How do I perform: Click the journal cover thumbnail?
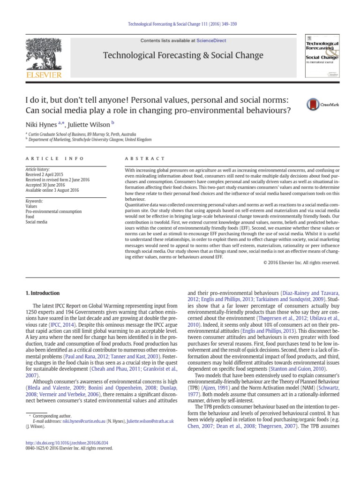coord(322,55)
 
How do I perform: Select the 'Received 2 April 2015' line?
coord(46,174)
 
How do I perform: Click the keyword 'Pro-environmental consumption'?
coord(53,211)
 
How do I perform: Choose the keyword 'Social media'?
coord(37,222)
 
